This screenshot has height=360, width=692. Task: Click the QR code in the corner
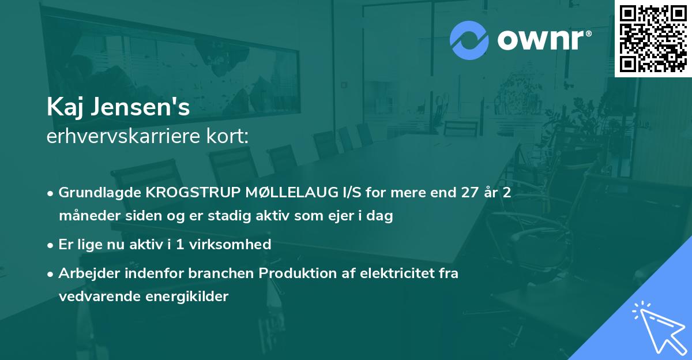tap(653, 38)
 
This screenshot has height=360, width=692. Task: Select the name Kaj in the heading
tap(63, 107)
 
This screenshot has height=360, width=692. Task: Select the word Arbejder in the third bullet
tap(83, 273)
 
